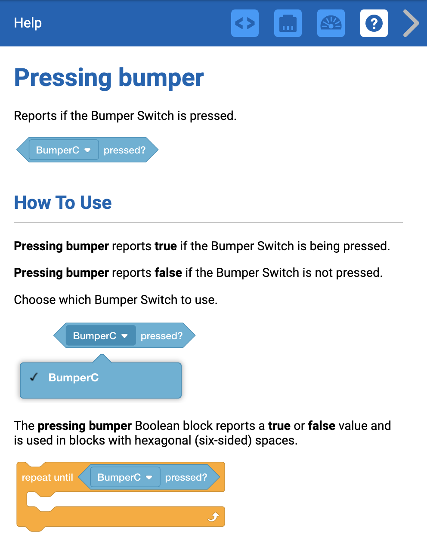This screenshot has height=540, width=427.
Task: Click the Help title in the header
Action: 28,23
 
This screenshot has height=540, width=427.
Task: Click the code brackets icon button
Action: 244,23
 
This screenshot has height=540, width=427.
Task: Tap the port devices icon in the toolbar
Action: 288,23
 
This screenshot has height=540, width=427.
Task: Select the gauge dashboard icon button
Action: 331,23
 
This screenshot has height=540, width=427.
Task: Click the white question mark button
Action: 374,23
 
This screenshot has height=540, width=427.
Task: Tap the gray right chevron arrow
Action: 411,23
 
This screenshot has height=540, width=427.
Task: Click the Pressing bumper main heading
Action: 108,78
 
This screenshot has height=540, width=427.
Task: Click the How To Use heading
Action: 63,202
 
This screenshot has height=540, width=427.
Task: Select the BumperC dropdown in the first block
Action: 63,150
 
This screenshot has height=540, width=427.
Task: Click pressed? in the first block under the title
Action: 124,150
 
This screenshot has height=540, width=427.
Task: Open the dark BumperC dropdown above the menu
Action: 100,336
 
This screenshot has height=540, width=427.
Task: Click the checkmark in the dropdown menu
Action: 34,377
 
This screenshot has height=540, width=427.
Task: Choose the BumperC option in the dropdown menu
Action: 74,377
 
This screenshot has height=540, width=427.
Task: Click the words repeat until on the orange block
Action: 47,477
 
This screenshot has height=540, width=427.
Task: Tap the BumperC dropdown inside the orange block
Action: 125,477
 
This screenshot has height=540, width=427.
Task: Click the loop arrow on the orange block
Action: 213,516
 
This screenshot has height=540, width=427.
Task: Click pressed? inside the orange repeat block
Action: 186,477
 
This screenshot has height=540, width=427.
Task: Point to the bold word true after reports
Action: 166,246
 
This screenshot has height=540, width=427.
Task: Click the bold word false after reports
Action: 168,273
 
